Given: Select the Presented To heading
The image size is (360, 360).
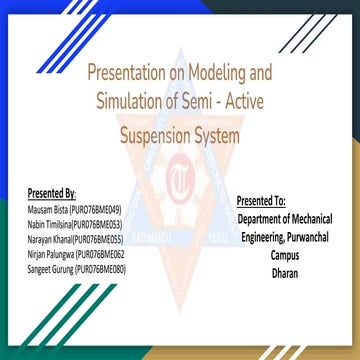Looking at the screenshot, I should point(262,201).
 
